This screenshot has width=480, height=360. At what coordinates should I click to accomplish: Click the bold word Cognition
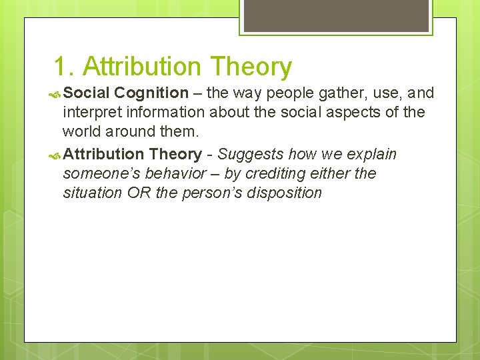pos(151,93)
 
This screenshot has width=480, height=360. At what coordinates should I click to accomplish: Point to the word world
pos(84,131)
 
